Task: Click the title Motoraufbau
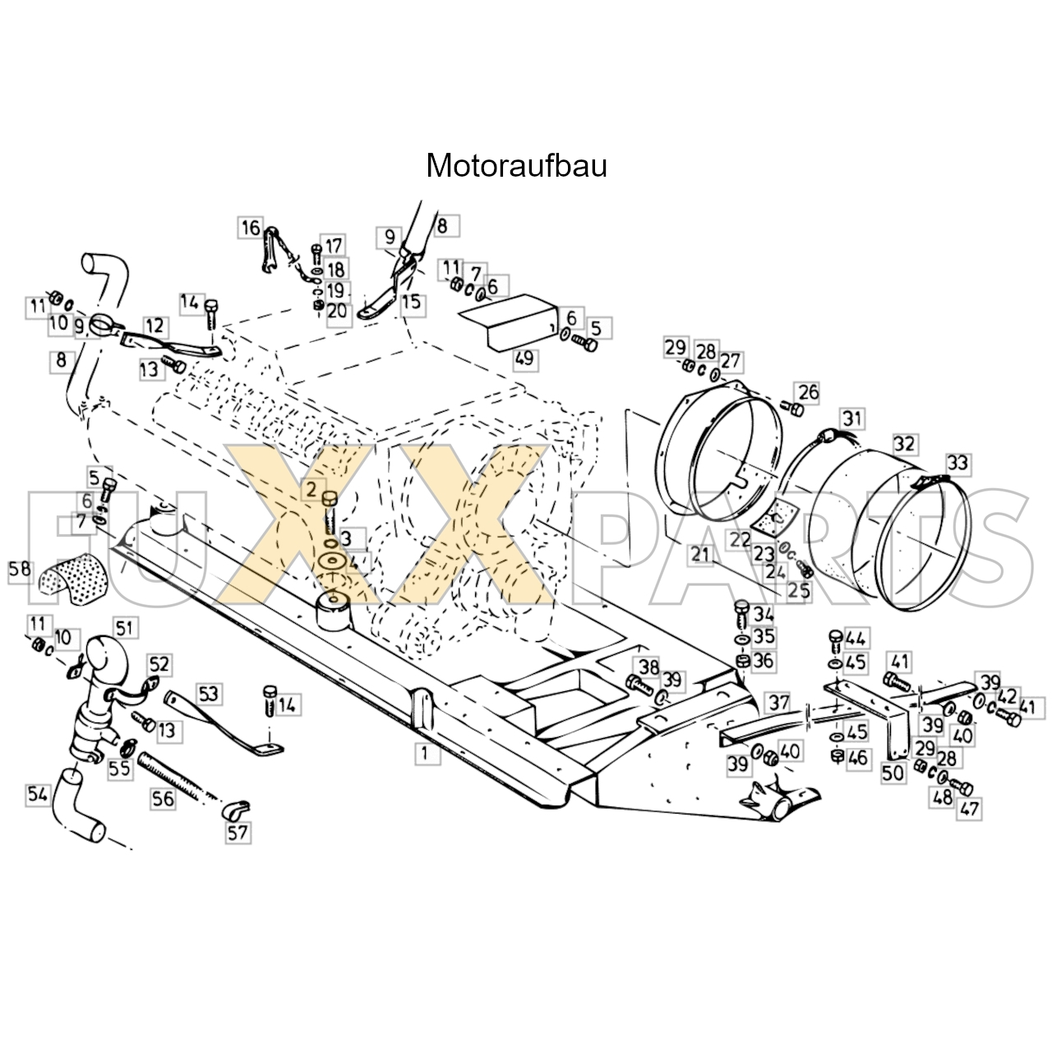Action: click(x=516, y=165)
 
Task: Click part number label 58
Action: click(x=21, y=570)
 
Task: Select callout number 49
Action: click(x=524, y=358)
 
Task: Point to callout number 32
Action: click(x=905, y=443)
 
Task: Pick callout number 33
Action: click(x=958, y=463)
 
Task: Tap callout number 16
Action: click(x=251, y=228)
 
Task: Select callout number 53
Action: click(x=209, y=694)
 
